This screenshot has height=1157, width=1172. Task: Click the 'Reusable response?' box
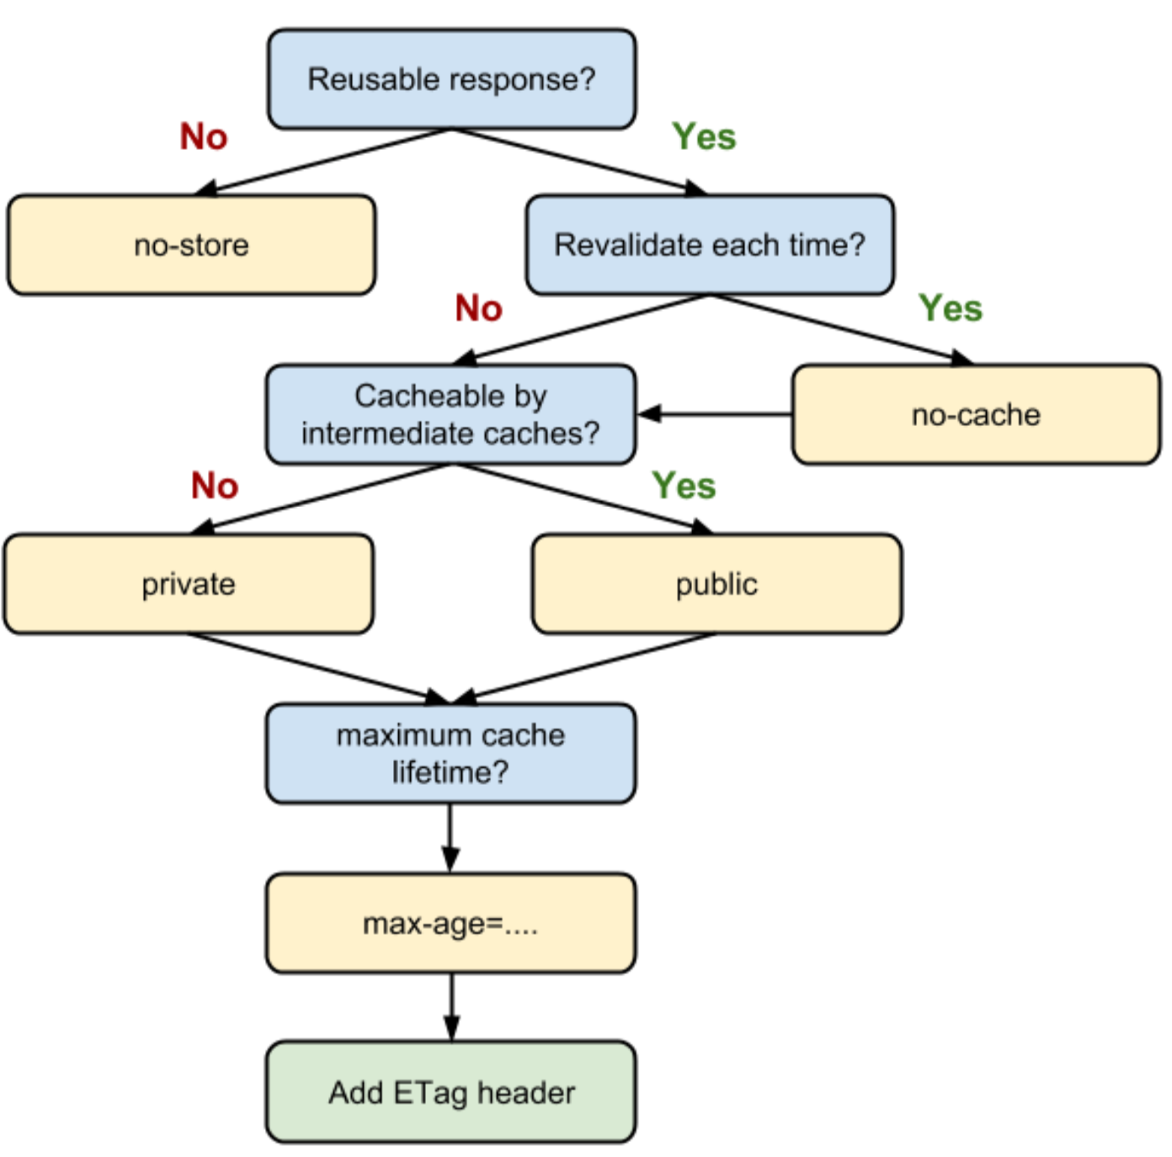pyautogui.click(x=452, y=79)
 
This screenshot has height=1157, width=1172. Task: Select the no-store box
pyautogui.click(x=192, y=245)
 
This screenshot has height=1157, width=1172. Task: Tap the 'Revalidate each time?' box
pyautogui.click(x=710, y=245)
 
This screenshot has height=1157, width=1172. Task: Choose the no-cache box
pyautogui.click(x=976, y=415)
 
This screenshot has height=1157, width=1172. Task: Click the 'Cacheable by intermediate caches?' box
pyautogui.click(x=450, y=415)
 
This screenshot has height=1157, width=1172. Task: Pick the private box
pyautogui.click(x=189, y=584)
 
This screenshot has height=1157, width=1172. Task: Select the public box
pyautogui.click(x=717, y=584)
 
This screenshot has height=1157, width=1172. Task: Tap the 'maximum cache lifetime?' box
pyautogui.click(x=450, y=754)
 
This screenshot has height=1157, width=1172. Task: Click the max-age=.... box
pyautogui.click(x=450, y=924)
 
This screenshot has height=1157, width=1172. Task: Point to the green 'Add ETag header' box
pyautogui.click(x=450, y=1092)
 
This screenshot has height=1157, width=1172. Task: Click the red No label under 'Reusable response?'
pyautogui.click(x=204, y=136)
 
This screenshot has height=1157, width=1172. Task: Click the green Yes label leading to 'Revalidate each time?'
pyautogui.click(x=704, y=136)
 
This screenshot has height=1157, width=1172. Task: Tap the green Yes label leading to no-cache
pyautogui.click(x=951, y=308)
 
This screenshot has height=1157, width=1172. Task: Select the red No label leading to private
pyautogui.click(x=215, y=485)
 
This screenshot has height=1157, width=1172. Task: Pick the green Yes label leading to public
pyautogui.click(x=684, y=485)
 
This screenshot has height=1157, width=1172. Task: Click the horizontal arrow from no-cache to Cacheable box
pyautogui.click(x=716, y=414)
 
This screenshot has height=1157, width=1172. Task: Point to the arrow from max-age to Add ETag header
pyautogui.click(x=451, y=1007)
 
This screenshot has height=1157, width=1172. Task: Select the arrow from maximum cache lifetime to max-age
pyautogui.click(x=450, y=838)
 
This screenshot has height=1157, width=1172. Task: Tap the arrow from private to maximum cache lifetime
pyautogui.click(x=317, y=669)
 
